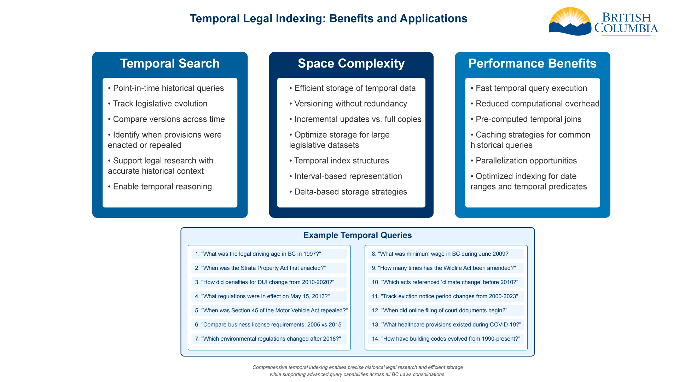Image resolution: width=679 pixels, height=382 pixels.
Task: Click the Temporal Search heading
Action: [170, 64]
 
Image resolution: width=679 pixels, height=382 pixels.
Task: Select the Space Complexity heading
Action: [351, 64]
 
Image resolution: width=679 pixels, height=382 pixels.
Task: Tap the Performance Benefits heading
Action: [532, 64]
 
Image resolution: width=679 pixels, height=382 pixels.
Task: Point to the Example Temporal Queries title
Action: [357, 235]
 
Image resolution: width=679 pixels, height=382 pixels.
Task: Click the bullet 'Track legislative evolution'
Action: [160, 104]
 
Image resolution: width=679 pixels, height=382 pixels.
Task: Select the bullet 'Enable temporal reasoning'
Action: [162, 186]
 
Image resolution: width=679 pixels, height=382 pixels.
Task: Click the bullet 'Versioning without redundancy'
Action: [350, 104]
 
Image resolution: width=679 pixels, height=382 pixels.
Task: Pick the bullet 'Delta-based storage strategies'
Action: [350, 192]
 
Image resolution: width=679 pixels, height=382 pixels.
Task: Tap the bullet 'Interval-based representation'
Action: [348, 176]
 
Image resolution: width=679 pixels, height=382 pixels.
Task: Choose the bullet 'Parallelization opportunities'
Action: [526, 161]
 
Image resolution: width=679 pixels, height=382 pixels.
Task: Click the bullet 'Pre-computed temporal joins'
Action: [528, 119]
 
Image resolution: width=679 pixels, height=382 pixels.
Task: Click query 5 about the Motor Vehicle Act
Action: [271, 311]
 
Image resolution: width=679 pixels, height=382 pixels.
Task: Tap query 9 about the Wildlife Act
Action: [447, 268]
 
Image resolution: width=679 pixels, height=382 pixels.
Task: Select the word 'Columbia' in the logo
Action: [626, 28]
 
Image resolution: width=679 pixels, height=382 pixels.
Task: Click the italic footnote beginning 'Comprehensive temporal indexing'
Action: [357, 371]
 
